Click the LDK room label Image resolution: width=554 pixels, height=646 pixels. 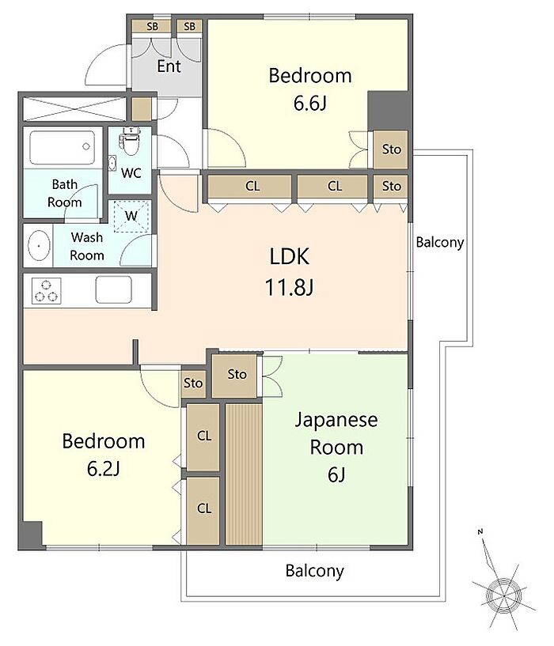tap(289, 256)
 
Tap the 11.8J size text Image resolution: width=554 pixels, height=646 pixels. tap(289, 287)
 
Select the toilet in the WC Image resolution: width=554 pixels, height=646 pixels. tap(131, 142)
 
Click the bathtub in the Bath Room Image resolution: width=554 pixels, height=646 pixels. tap(63, 148)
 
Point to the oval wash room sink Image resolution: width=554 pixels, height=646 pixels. tap(40, 246)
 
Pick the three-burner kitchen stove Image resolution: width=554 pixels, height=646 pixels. tap(46, 290)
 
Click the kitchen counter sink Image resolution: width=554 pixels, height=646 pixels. tap(114, 289)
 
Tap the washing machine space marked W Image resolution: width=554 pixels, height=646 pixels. tap(131, 216)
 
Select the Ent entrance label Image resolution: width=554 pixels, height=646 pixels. tap(169, 66)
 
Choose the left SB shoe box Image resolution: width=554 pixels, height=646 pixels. tap(151, 26)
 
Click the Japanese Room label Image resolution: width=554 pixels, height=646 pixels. tap(336, 433)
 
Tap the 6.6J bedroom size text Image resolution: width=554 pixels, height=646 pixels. tap(309, 103)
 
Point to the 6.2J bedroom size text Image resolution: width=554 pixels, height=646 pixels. tap(103, 468)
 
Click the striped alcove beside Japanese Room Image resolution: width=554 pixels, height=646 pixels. tap(244, 474)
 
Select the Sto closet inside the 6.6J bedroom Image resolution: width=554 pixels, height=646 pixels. tap(391, 149)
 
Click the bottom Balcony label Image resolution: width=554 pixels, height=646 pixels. tap(314, 571)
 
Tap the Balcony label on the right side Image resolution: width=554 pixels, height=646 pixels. tap(440, 242)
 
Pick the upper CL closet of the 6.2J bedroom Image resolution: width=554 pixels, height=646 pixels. tap(203, 436)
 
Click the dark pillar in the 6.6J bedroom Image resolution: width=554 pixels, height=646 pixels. tap(388, 111)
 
